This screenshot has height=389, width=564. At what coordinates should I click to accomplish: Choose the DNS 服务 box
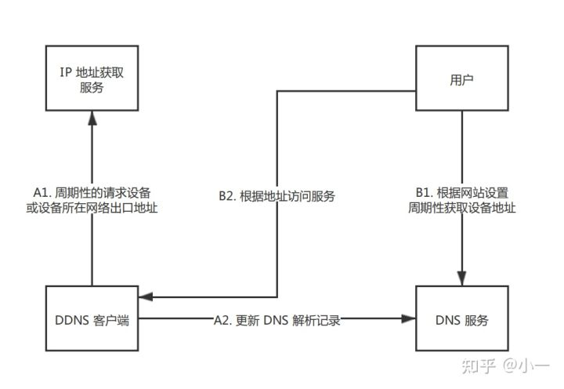pyautogui.click(x=461, y=319)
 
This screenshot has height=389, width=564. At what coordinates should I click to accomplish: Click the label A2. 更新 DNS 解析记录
pyautogui.click(x=277, y=320)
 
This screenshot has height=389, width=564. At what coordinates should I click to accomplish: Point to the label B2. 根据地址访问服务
pyautogui.click(x=277, y=197)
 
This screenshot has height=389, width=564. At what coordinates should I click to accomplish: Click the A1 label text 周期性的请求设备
pyautogui.click(x=92, y=191)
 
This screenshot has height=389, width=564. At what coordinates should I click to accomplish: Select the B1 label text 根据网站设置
pyautogui.click(x=461, y=191)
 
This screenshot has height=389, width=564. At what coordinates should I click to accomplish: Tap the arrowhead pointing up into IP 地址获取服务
pyautogui.click(x=92, y=118)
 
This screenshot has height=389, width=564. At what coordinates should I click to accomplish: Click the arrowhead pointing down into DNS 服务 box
pyautogui.click(x=461, y=280)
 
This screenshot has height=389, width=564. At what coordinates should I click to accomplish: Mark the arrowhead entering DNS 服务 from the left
pyautogui.click(x=408, y=319)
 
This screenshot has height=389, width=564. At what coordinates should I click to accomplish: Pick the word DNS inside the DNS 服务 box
pyautogui.click(x=445, y=319)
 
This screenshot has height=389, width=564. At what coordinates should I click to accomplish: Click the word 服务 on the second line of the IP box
pyautogui.click(x=92, y=89)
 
